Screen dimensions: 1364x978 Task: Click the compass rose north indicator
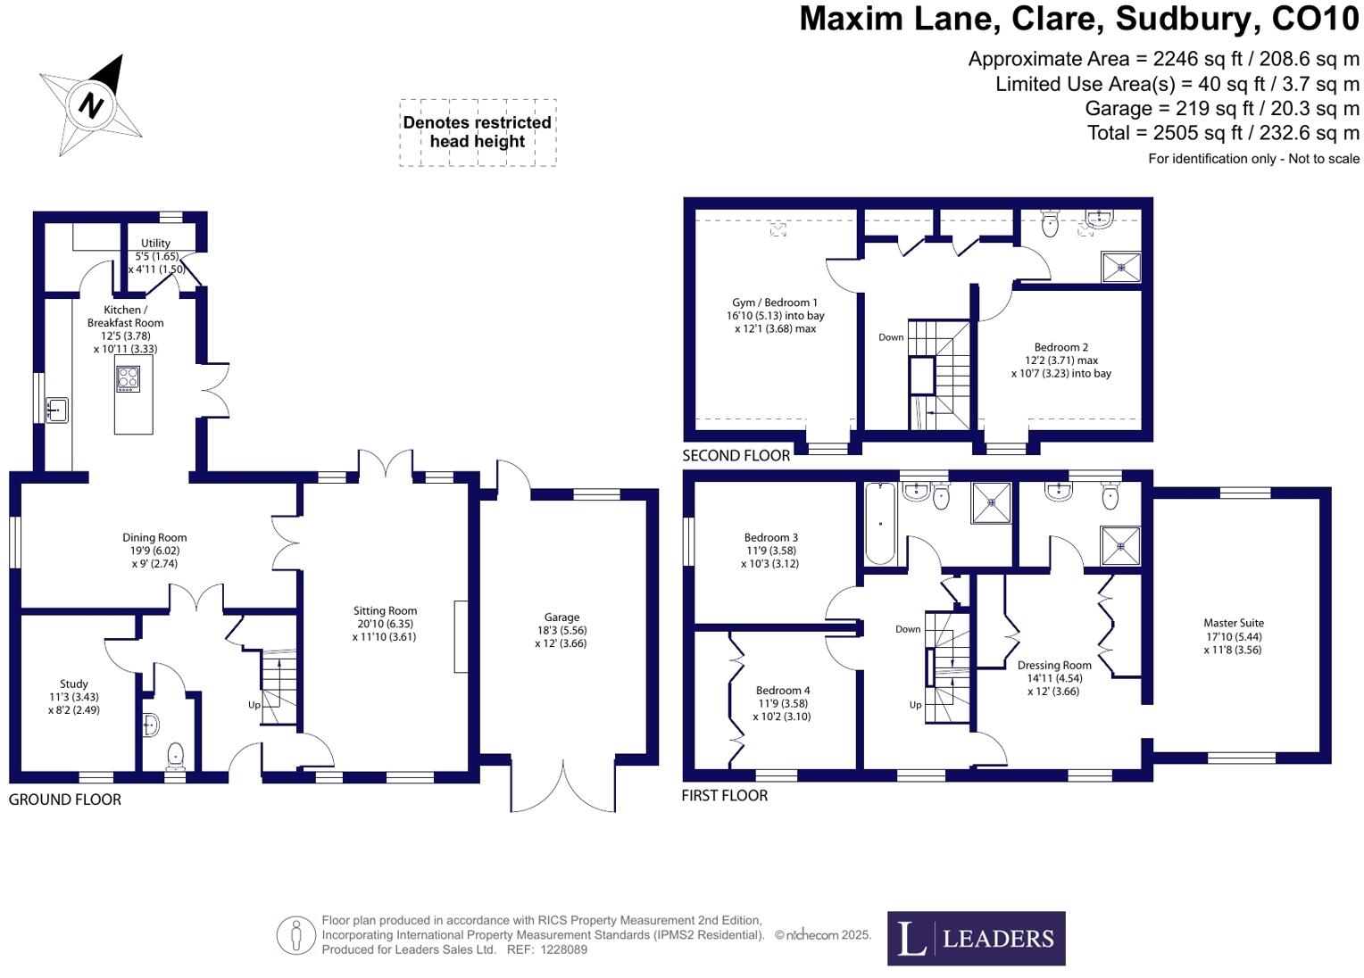91,104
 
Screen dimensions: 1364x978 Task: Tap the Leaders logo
976,938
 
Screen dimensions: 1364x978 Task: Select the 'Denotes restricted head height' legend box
478,132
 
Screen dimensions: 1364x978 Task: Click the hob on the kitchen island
128,379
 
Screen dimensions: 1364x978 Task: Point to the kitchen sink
57,410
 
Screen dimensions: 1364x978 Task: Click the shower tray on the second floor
1120,266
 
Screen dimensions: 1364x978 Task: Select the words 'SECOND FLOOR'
736,456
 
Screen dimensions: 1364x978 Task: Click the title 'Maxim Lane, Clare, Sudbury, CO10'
1078,19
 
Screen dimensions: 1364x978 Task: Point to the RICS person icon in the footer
295,935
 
